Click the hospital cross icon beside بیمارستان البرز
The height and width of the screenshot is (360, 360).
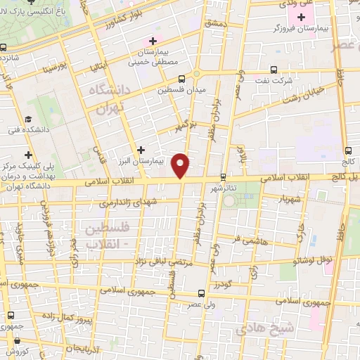[142, 149]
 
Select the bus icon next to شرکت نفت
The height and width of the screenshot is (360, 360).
[274, 70]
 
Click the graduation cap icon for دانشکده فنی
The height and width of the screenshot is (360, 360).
[27, 120]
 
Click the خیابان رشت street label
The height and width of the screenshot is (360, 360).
[289, 96]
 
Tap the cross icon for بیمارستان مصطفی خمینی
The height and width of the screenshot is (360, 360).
[153, 41]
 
